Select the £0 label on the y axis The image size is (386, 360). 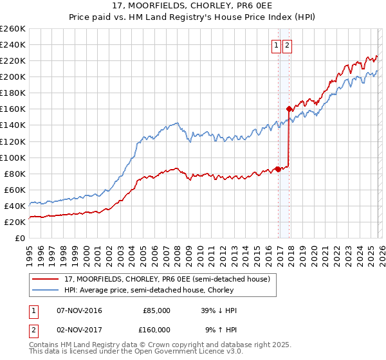click(19, 238)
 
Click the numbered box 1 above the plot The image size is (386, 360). click(276, 45)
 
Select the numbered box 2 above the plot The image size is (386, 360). click(287, 45)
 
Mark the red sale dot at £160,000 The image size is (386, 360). click(289, 109)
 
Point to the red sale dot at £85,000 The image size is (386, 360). click(278, 169)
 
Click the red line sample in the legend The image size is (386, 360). click(45, 279)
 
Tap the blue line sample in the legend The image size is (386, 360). click(45, 290)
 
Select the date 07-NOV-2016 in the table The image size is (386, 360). click(80, 310)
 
